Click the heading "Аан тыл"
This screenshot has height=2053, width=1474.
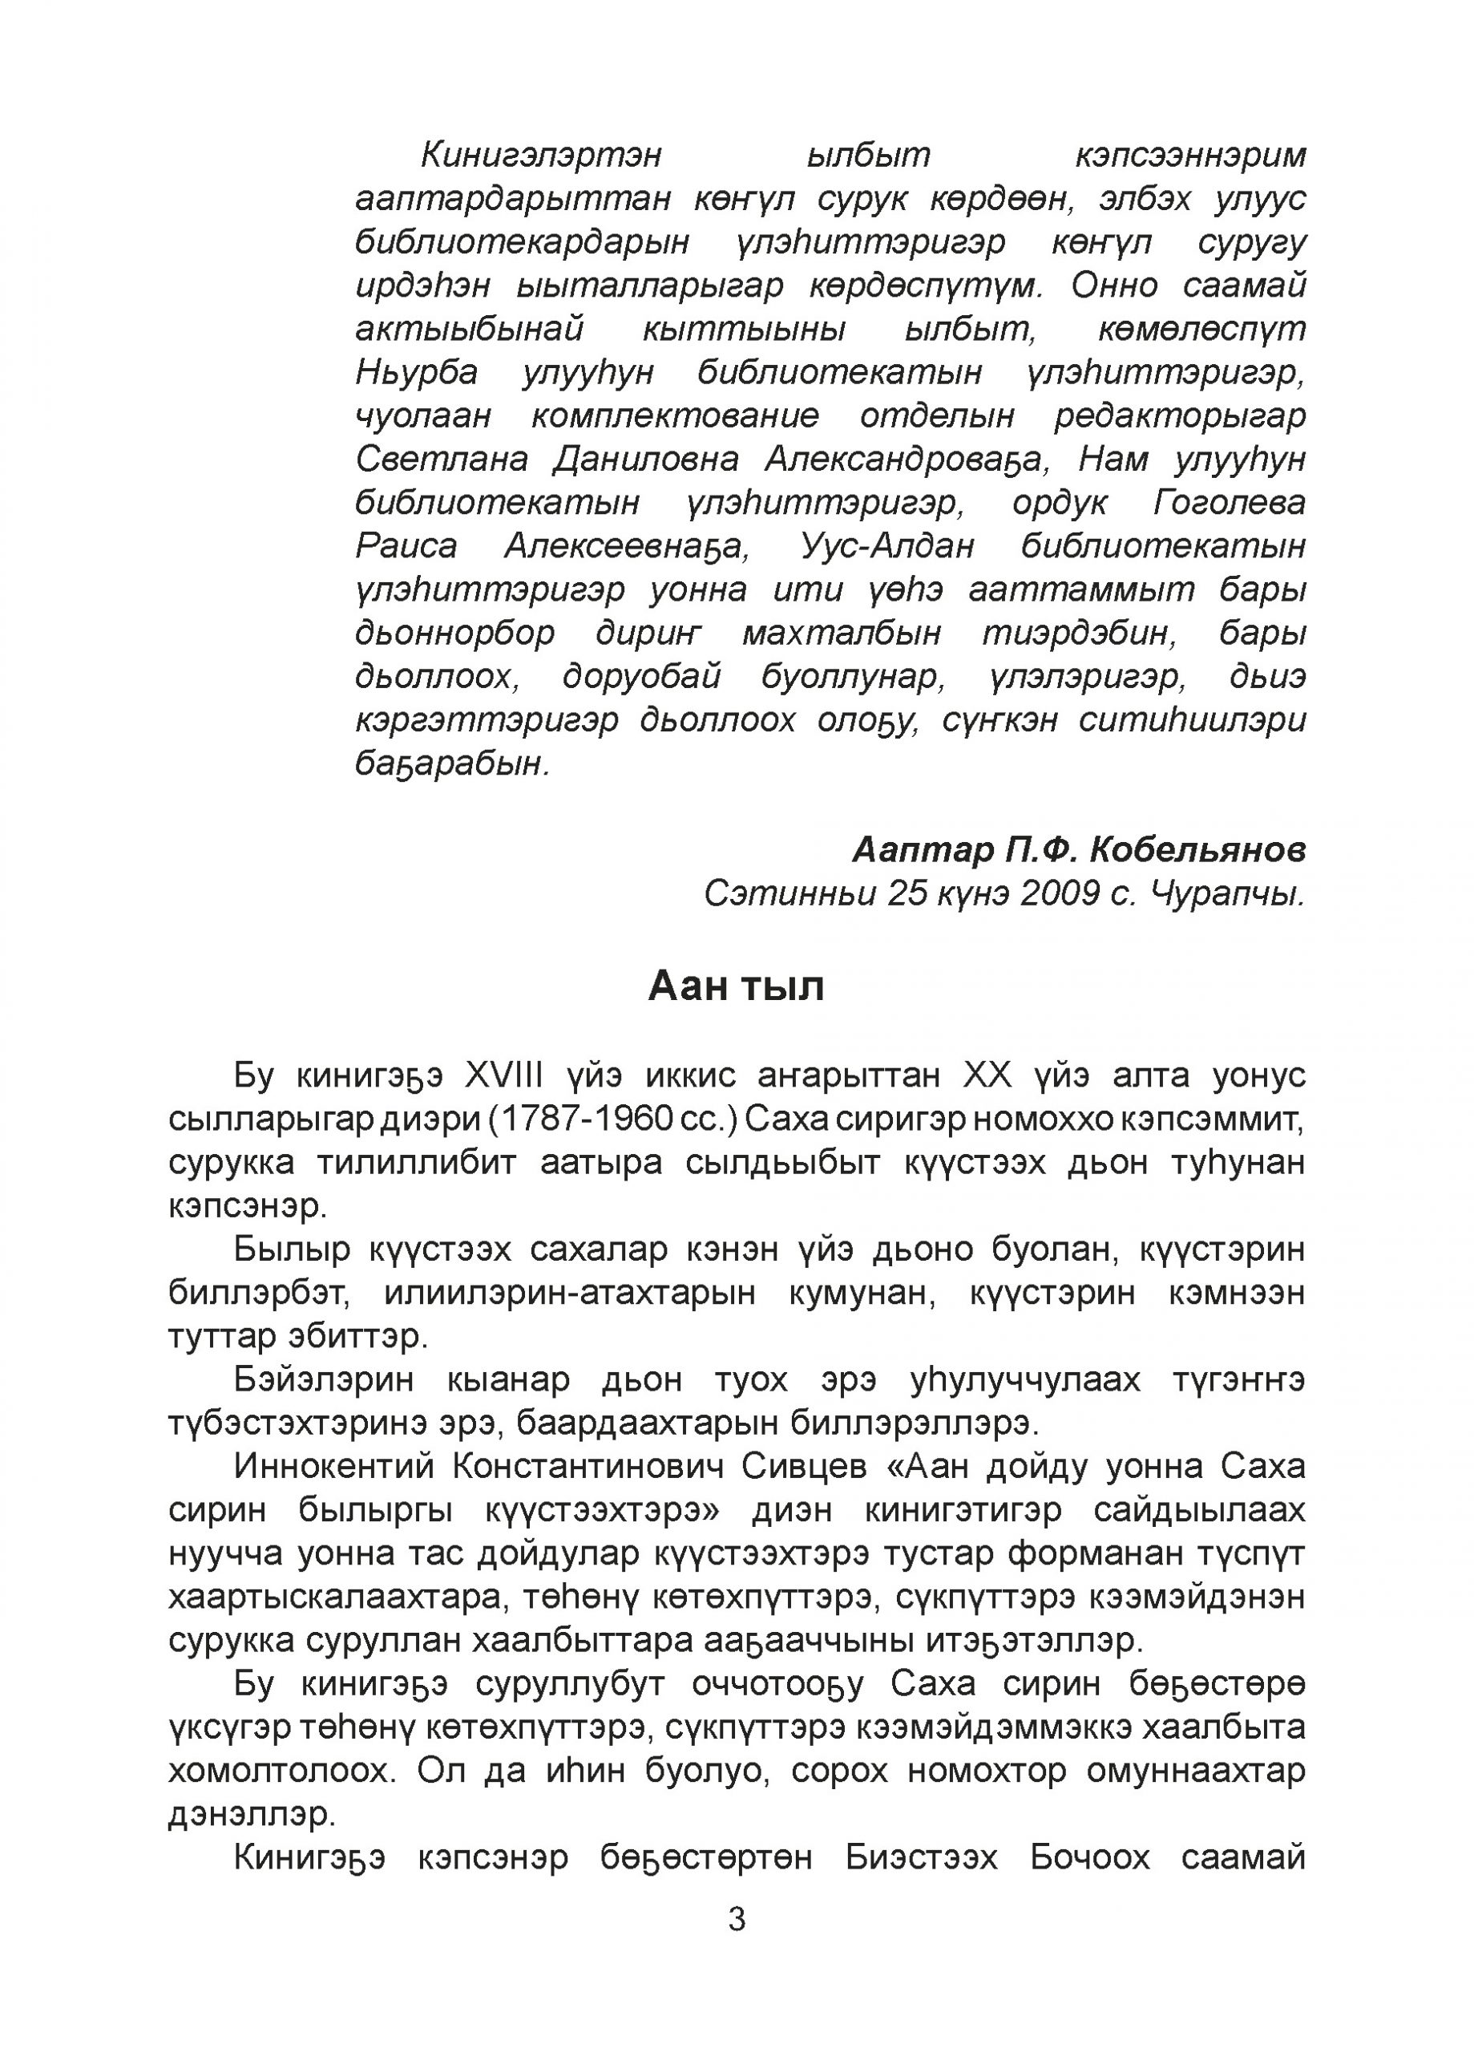[x=736, y=986]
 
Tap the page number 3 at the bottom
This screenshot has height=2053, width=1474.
[x=737, y=1918]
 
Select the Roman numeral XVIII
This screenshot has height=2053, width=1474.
[x=504, y=1075]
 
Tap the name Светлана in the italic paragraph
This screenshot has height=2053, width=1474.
[x=442, y=459]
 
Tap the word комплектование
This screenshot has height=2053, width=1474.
[x=675, y=415]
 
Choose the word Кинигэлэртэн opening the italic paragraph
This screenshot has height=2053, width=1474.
[x=541, y=155]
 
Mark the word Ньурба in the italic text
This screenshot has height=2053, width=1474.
[x=416, y=372]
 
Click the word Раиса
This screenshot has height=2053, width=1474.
[x=406, y=546]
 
